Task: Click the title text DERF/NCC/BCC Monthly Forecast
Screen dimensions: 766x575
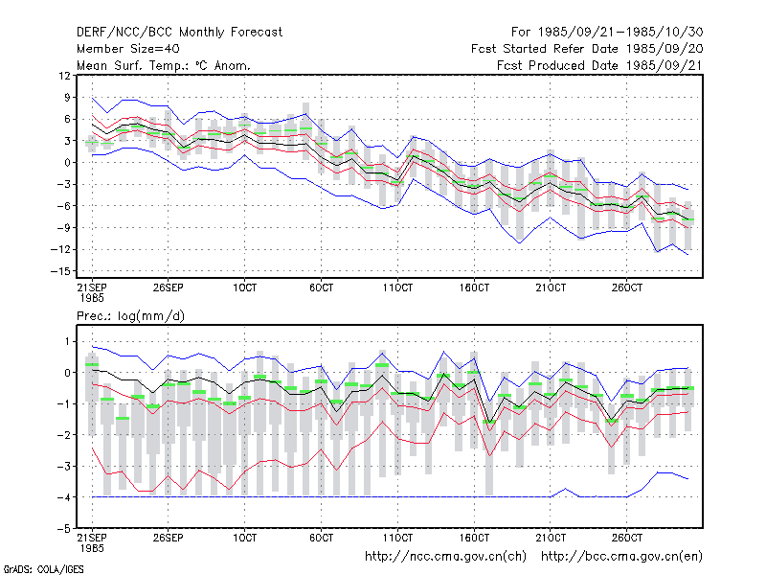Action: (x=179, y=33)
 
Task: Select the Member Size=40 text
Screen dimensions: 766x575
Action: (x=128, y=49)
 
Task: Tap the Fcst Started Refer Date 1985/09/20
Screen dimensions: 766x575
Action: (x=587, y=49)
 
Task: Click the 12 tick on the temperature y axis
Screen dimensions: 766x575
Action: (x=64, y=76)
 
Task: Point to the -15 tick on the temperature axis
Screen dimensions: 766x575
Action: (x=61, y=271)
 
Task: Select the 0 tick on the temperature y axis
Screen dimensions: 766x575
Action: (x=68, y=163)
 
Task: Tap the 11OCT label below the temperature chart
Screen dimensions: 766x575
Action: (x=397, y=287)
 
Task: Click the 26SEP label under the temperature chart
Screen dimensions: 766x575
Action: (x=169, y=287)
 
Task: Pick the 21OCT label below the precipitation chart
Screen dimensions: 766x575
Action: (x=551, y=538)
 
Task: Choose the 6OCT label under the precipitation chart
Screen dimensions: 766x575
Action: (x=321, y=538)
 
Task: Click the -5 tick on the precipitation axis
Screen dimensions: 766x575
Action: (x=64, y=529)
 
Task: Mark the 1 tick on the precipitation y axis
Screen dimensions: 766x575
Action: (x=68, y=341)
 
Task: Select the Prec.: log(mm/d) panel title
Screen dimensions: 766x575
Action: (x=130, y=316)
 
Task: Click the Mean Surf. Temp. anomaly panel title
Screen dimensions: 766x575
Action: (x=164, y=65)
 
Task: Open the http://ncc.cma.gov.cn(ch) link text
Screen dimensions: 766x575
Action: (x=445, y=557)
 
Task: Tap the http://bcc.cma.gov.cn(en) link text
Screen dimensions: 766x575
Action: (x=621, y=557)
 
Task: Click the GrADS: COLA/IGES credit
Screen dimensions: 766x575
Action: (x=43, y=569)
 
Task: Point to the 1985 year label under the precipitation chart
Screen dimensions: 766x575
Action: (x=92, y=548)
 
